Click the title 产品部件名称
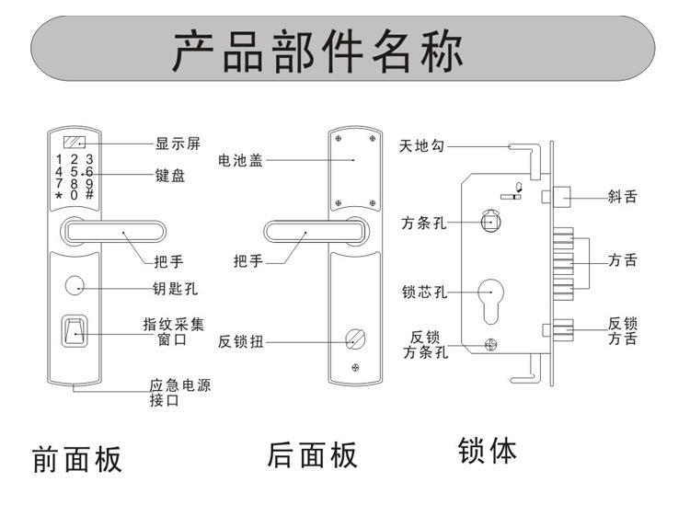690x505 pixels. tap(318, 52)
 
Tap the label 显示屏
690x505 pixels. tap(178, 143)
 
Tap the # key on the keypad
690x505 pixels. tap(89, 195)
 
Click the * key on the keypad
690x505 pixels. tap(59, 196)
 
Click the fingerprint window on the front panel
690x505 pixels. tap(74, 330)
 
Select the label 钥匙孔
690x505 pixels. tap(175, 289)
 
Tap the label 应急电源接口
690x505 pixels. tap(179, 393)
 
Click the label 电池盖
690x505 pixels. tap(240, 160)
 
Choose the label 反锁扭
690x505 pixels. tap(241, 341)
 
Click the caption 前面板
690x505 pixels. tap(76, 458)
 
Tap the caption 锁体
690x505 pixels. tap(488, 451)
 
